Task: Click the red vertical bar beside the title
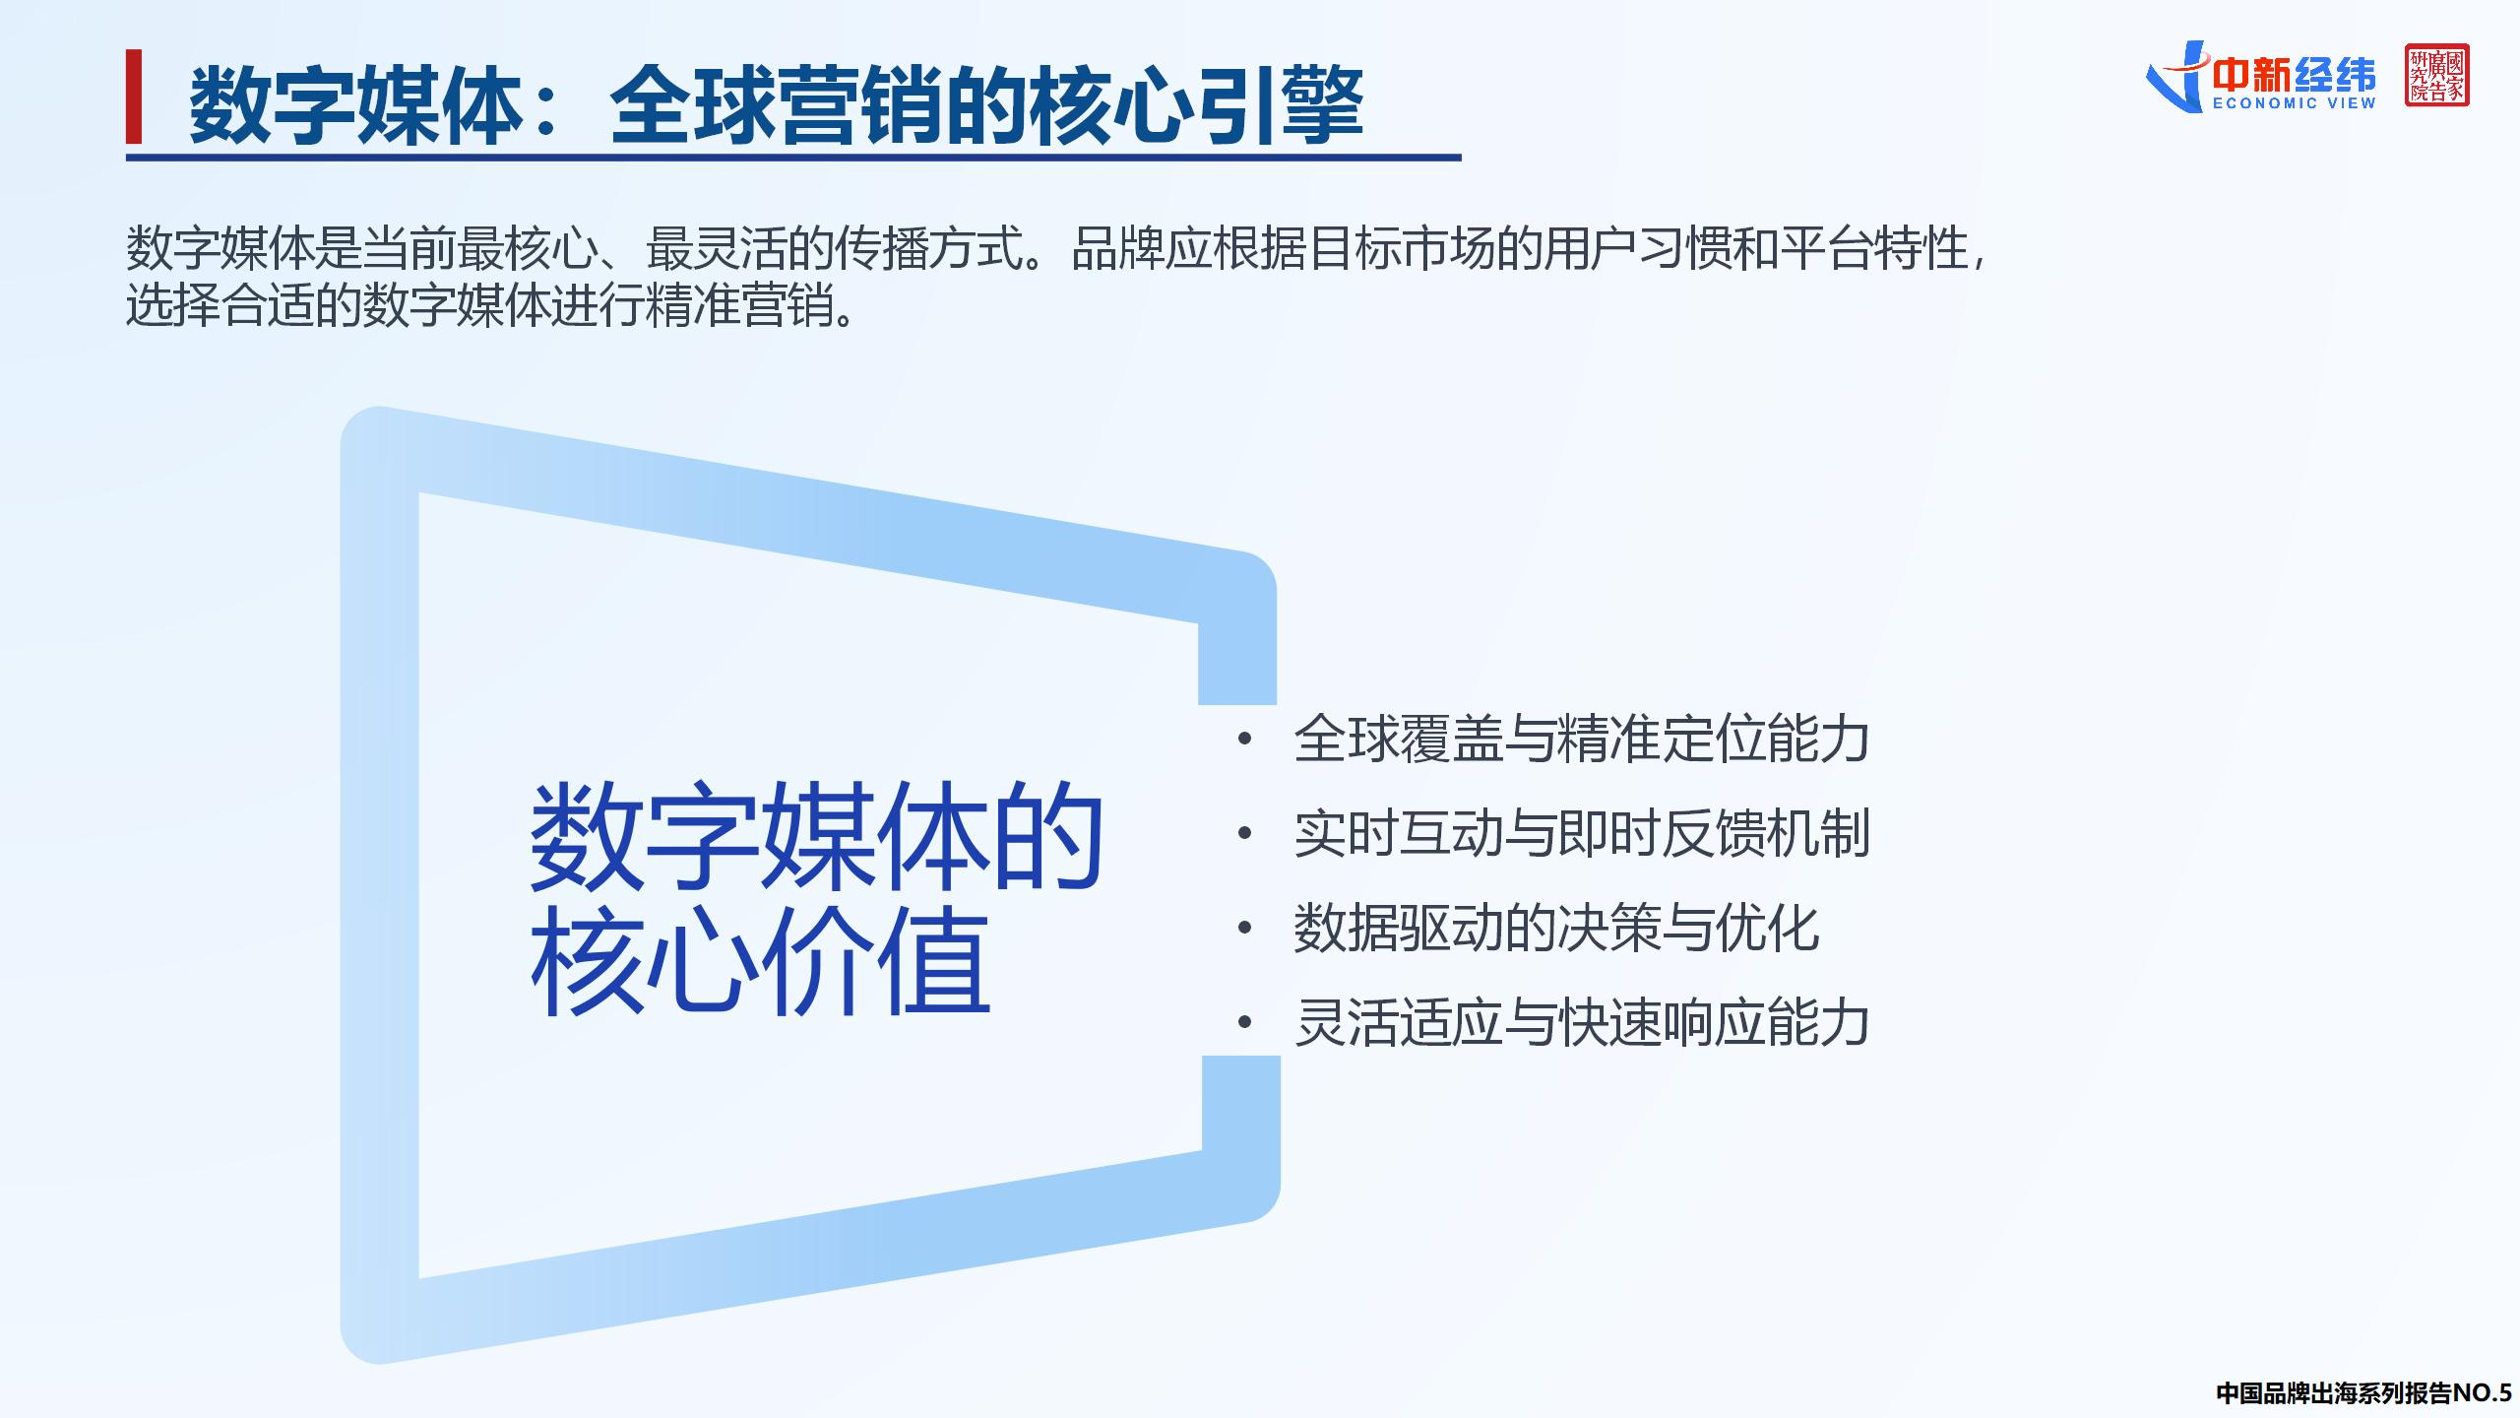(134, 97)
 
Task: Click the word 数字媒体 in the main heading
(354, 104)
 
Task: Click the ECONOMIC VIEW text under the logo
(2294, 103)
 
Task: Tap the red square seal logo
(2436, 75)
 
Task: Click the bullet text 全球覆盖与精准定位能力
(1581, 739)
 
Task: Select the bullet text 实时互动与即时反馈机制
(1581, 833)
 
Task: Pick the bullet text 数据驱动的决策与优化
(1555, 928)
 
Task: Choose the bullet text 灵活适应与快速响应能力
(1581, 1022)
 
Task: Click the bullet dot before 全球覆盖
(1244, 739)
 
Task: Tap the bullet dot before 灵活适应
(1244, 1022)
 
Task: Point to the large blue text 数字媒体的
(817, 837)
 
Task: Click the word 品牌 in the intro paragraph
(1117, 248)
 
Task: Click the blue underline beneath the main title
(792, 158)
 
